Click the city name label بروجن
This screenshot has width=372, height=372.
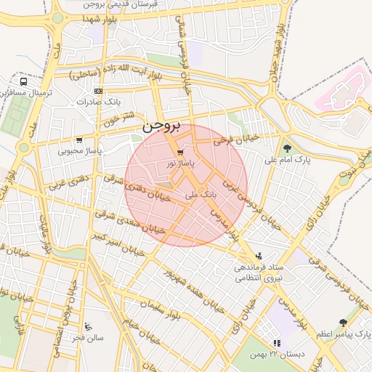click(160, 124)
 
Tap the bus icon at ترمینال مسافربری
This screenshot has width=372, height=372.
click(24, 82)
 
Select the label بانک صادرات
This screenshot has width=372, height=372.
click(98, 102)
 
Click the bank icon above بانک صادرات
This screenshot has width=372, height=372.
click(98, 91)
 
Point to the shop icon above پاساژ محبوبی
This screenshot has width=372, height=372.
click(79, 140)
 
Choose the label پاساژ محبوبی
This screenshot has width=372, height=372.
click(79, 151)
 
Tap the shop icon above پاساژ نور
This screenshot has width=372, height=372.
click(179, 153)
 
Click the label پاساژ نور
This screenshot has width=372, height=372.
click(179, 164)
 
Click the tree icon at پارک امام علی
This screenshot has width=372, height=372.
click(288, 147)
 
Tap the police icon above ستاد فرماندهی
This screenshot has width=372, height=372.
click(259, 255)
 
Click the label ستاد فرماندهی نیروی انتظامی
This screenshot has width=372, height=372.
click(259, 272)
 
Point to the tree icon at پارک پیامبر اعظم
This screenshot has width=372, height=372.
click(343, 322)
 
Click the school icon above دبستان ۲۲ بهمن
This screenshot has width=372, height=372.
click(275, 343)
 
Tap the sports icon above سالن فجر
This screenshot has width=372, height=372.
click(89, 325)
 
